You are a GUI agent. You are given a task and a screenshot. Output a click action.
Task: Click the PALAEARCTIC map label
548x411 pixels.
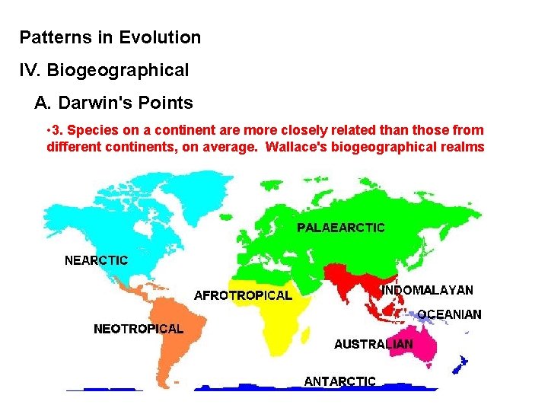click(x=340, y=228)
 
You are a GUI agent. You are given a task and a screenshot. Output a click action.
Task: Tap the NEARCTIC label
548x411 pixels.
click(x=96, y=260)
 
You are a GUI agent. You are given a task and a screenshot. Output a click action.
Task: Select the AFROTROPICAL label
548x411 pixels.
click(x=243, y=295)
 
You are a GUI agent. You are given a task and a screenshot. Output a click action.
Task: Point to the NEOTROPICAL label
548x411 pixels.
click(x=139, y=330)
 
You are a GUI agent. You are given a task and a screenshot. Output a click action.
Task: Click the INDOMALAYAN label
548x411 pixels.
click(x=428, y=290)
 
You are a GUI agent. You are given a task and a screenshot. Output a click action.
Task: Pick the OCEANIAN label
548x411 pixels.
click(x=449, y=314)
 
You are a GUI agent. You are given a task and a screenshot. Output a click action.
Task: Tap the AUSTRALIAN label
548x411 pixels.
click(x=373, y=344)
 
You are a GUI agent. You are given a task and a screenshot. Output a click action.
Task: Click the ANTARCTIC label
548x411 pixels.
click(x=339, y=381)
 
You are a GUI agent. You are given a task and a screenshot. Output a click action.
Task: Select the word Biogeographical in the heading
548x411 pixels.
click(x=118, y=71)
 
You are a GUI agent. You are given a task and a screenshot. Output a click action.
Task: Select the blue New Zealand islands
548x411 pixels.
click(x=461, y=365)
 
